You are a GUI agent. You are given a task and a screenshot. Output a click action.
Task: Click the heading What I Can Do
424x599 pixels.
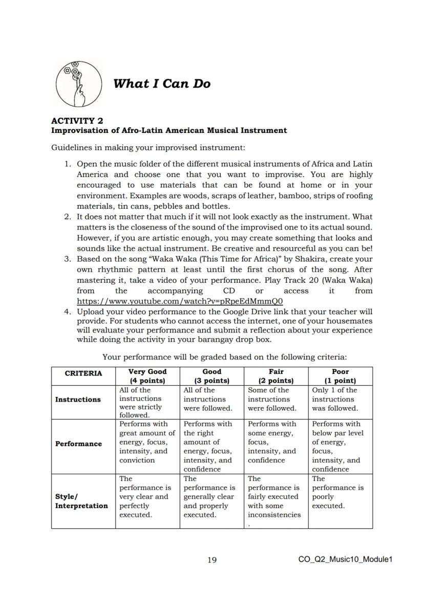[162, 84]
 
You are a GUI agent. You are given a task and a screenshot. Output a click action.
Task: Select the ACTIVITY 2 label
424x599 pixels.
[77, 121]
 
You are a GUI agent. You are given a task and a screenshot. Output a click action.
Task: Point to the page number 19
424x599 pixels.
[212, 560]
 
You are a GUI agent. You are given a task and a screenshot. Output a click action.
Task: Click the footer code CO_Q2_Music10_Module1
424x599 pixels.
[345, 560]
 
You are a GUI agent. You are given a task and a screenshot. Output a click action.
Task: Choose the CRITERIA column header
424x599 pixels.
[83, 373]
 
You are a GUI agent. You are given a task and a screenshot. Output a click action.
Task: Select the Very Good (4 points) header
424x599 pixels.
[147, 376]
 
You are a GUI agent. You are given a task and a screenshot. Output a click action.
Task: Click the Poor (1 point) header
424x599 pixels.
[341, 376]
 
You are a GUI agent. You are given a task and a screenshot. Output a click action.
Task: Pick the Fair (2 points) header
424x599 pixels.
[276, 376]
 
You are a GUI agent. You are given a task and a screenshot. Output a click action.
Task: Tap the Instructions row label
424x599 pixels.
[78, 400]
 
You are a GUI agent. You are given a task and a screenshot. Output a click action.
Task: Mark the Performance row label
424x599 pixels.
[78, 443]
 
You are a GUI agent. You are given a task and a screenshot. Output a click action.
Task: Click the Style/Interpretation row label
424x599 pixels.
[81, 501]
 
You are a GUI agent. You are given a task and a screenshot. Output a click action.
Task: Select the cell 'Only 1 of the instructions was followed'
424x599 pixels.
[335, 399]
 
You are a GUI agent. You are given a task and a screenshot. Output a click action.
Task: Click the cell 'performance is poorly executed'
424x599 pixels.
[337, 492]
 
